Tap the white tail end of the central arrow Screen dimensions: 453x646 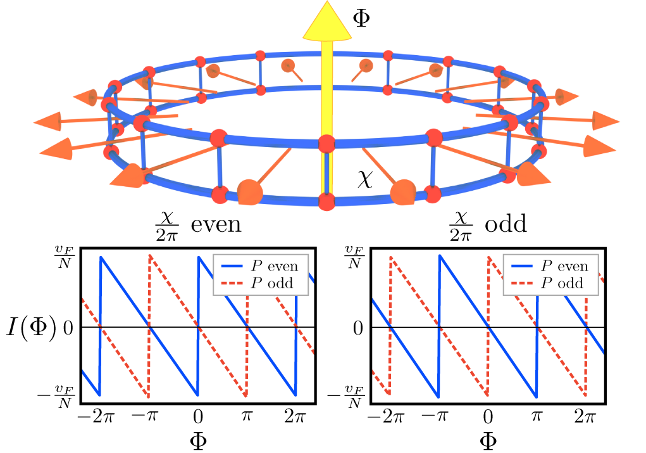tap(326, 223)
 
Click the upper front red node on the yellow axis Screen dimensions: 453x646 tap(326, 144)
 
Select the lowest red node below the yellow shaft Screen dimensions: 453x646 tap(326, 201)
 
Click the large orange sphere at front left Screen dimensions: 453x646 tap(249, 192)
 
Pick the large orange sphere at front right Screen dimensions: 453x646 tap(403, 192)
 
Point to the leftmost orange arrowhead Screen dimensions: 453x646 tap(47, 121)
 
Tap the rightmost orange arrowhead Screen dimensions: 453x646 tap(606, 120)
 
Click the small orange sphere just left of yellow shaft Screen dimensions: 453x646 tap(288, 65)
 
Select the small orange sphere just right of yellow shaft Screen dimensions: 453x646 tap(366, 65)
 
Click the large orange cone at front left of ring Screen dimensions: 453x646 tap(130, 175)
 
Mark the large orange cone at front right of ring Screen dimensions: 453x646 tap(530, 174)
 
